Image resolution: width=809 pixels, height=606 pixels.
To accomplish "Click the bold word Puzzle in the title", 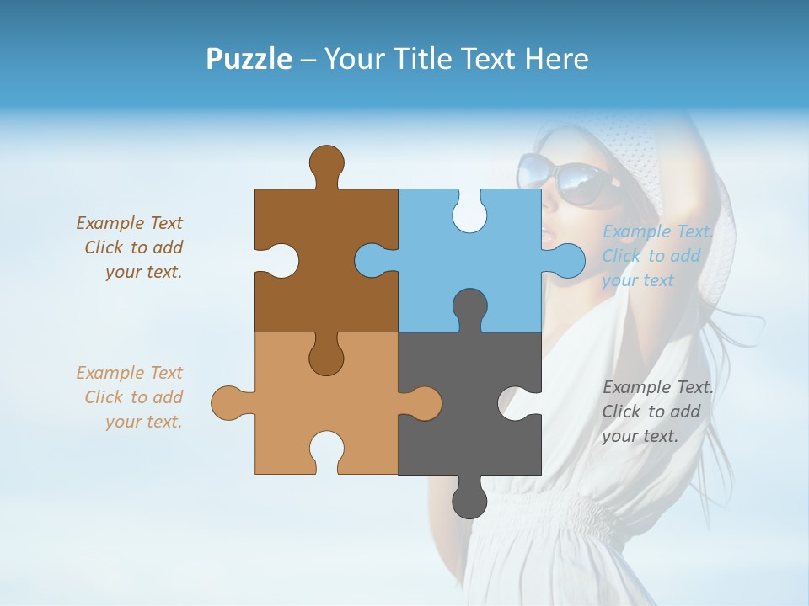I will (x=249, y=59).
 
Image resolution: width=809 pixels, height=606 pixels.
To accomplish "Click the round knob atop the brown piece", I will (x=326, y=162).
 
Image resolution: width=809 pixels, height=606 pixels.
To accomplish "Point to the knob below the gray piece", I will (x=469, y=501).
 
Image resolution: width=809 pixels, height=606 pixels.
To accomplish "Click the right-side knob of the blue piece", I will (x=566, y=260).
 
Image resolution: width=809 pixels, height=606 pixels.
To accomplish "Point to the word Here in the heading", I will (x=556, y=59).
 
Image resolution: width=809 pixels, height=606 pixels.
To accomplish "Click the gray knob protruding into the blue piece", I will (x=469, y=306).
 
